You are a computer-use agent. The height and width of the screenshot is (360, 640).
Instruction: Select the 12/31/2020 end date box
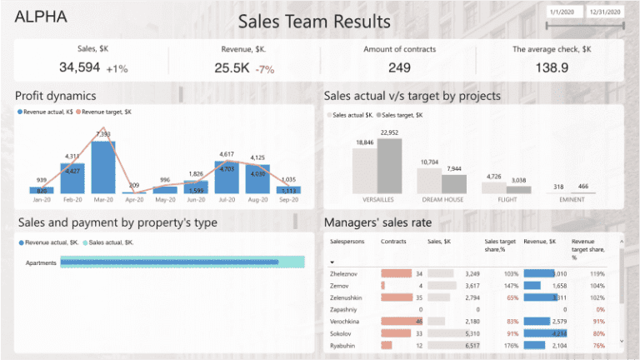(x=604, y=12)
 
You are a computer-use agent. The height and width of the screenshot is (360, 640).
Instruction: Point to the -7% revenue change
(x=266, y=69)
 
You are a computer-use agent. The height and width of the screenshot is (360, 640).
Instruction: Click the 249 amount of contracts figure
(x=399, y=67)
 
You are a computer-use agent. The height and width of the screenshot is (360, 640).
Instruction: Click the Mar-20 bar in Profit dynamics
(x=102, y=167)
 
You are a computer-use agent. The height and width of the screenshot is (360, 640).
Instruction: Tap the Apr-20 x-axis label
(x=134, y=200)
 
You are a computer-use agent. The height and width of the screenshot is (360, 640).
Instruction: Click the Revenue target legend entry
(x=104, y=112)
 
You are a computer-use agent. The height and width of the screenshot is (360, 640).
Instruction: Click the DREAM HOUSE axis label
(x=442, y=200)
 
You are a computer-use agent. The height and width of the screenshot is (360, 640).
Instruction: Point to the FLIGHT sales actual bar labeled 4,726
(x=493, y=187)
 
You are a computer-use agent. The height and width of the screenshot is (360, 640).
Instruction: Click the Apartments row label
(x=41, y=263)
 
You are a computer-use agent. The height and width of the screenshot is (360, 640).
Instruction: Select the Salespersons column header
(x=347, y=242)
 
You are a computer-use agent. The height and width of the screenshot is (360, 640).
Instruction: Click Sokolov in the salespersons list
(x=343, y=332)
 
